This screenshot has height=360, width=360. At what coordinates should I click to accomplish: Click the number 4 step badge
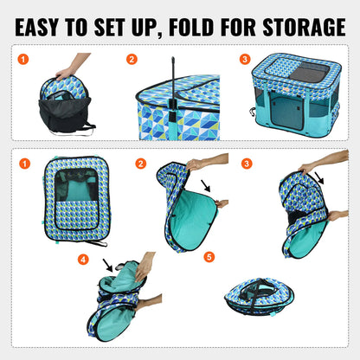coord(83,259)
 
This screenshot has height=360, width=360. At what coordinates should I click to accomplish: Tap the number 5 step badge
coord(209,256)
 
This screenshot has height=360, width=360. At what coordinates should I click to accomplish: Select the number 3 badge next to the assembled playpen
coord(245,60)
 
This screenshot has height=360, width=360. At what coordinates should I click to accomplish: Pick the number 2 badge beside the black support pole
coord(132,60)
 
